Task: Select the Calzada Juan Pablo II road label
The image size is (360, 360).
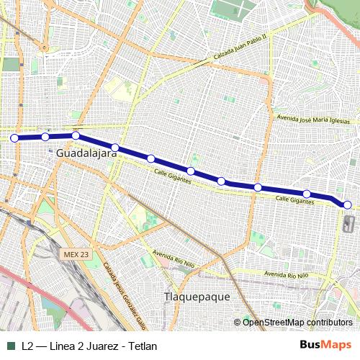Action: [x=240, y=48]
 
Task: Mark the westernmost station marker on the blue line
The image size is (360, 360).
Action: [x=14, y=138]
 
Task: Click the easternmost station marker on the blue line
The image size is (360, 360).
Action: [x=348, y=205]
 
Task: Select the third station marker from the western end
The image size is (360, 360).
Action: [x=76, y=135]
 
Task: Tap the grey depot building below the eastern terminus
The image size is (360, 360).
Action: [x=349, y=224]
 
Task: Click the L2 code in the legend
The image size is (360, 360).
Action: [x=27, y=346]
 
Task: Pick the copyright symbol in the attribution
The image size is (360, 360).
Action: [x=238, y=322]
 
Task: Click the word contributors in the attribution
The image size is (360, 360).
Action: [x=328, y=322]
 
